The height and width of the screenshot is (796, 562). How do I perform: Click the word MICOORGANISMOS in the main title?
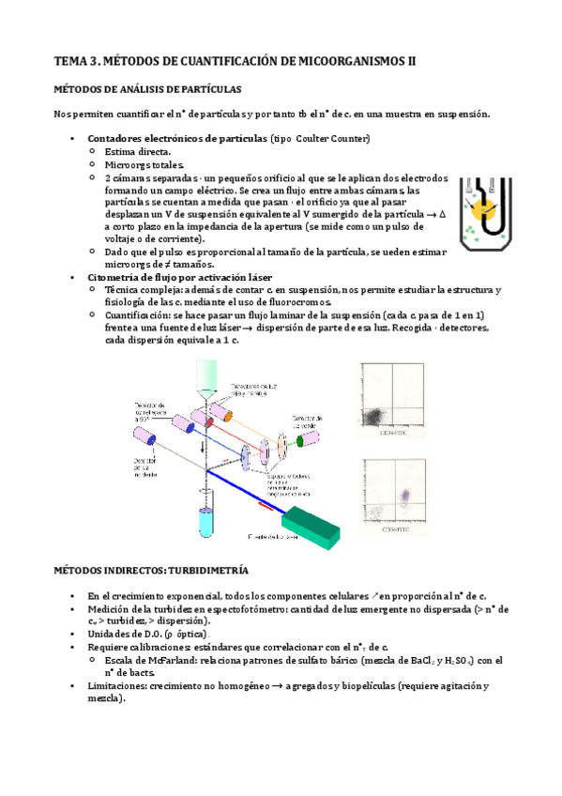click(342, 61)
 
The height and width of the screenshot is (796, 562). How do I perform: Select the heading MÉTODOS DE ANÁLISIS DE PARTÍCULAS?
click(147, 89)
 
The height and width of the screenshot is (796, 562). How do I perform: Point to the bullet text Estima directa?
click(138, 151)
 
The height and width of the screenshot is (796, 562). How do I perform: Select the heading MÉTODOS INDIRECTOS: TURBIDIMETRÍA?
click(152, 570)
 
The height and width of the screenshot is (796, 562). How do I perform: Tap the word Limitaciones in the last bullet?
click(117, 685)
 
